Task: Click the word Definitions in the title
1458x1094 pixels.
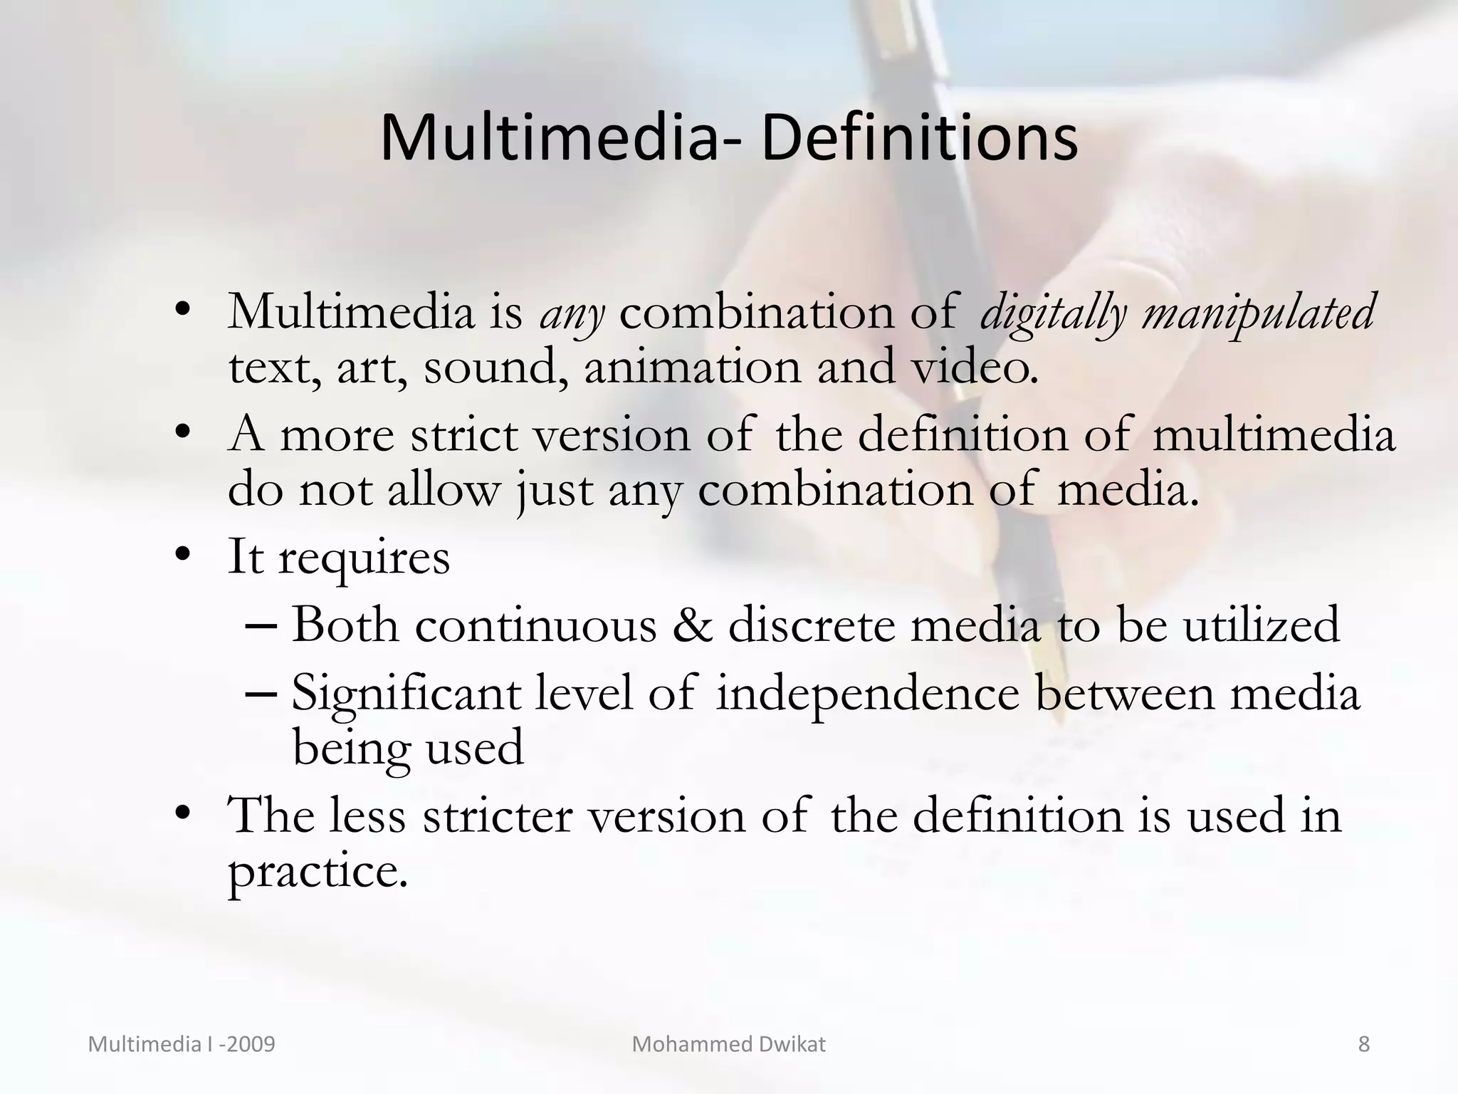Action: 919,138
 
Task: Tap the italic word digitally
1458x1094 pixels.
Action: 1054,313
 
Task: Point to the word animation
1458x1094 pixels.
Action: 692,368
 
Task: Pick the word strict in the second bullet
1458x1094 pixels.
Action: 463,434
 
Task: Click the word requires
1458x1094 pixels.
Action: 364,558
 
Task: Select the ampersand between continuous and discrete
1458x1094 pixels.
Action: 692,625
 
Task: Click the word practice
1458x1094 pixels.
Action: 317,872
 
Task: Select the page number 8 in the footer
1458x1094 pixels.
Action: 1363,1044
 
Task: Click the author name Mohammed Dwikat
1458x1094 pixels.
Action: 728,1044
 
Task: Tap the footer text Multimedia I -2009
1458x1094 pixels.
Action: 182,1044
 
